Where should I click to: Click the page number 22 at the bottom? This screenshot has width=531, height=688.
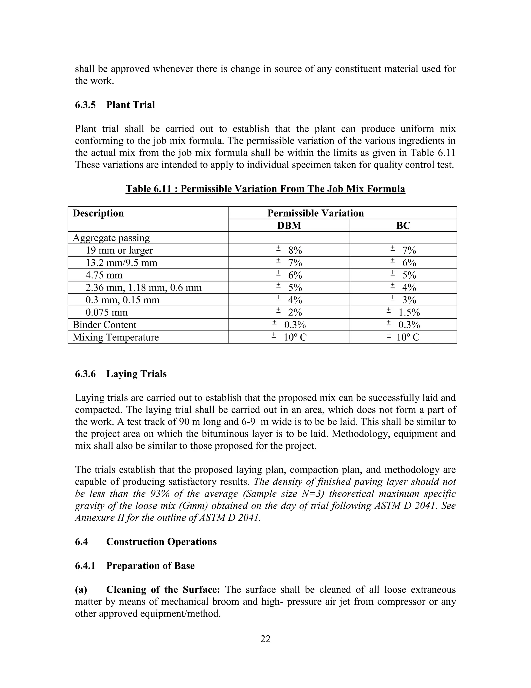coord(265,639)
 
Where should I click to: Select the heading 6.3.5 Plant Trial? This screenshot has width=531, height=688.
coord(115,105)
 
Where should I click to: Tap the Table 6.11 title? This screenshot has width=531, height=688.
coord(265,189)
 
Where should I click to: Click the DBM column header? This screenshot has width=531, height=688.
coord(289,226)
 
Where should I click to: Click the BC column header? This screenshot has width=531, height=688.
coord(403,226)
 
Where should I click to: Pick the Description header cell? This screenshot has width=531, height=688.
coord(98,213)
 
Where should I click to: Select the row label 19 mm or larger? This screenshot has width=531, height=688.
coord(119,251)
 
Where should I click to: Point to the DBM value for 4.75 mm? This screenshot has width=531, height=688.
coord(290,275)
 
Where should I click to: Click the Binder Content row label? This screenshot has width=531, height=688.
coord(104,325)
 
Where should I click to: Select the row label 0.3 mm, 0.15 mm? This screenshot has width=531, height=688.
coord(122,300)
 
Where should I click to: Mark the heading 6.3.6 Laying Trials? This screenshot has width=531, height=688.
coord(121,374)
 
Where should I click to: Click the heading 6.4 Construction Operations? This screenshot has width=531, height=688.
coord(146,542)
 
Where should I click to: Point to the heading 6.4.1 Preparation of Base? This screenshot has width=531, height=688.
coord(135,565)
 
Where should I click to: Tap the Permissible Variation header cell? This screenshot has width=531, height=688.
coord(316,213)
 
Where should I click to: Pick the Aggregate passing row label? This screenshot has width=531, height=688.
coord(111,238)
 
